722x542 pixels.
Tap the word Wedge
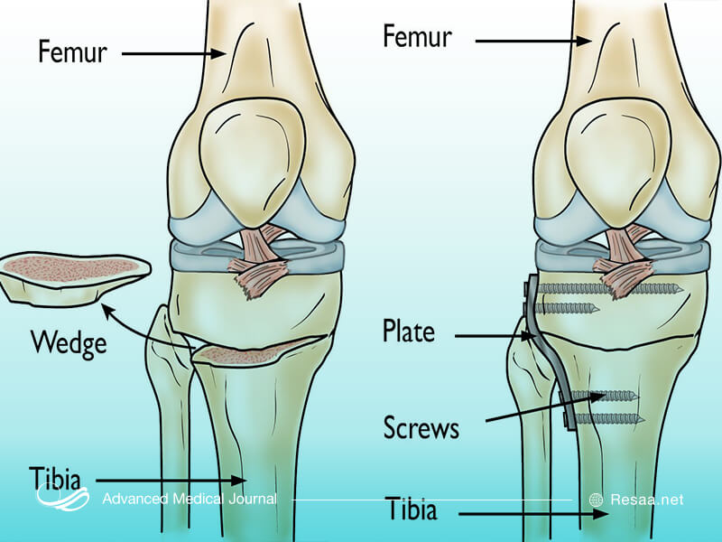(68, 342)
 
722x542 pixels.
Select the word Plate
(408, 332)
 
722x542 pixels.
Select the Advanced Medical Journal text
(190, 500)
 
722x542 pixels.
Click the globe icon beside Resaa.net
(596, 500)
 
